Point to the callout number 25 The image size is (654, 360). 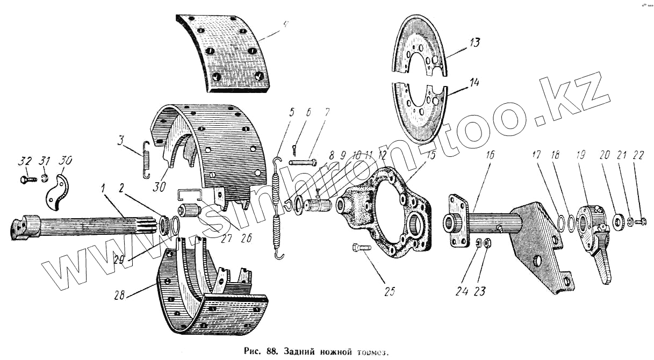(389, 291)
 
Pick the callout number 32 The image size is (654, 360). (25, 162)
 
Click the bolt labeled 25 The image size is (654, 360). (361, 248)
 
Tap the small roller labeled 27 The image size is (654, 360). (189, 208)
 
